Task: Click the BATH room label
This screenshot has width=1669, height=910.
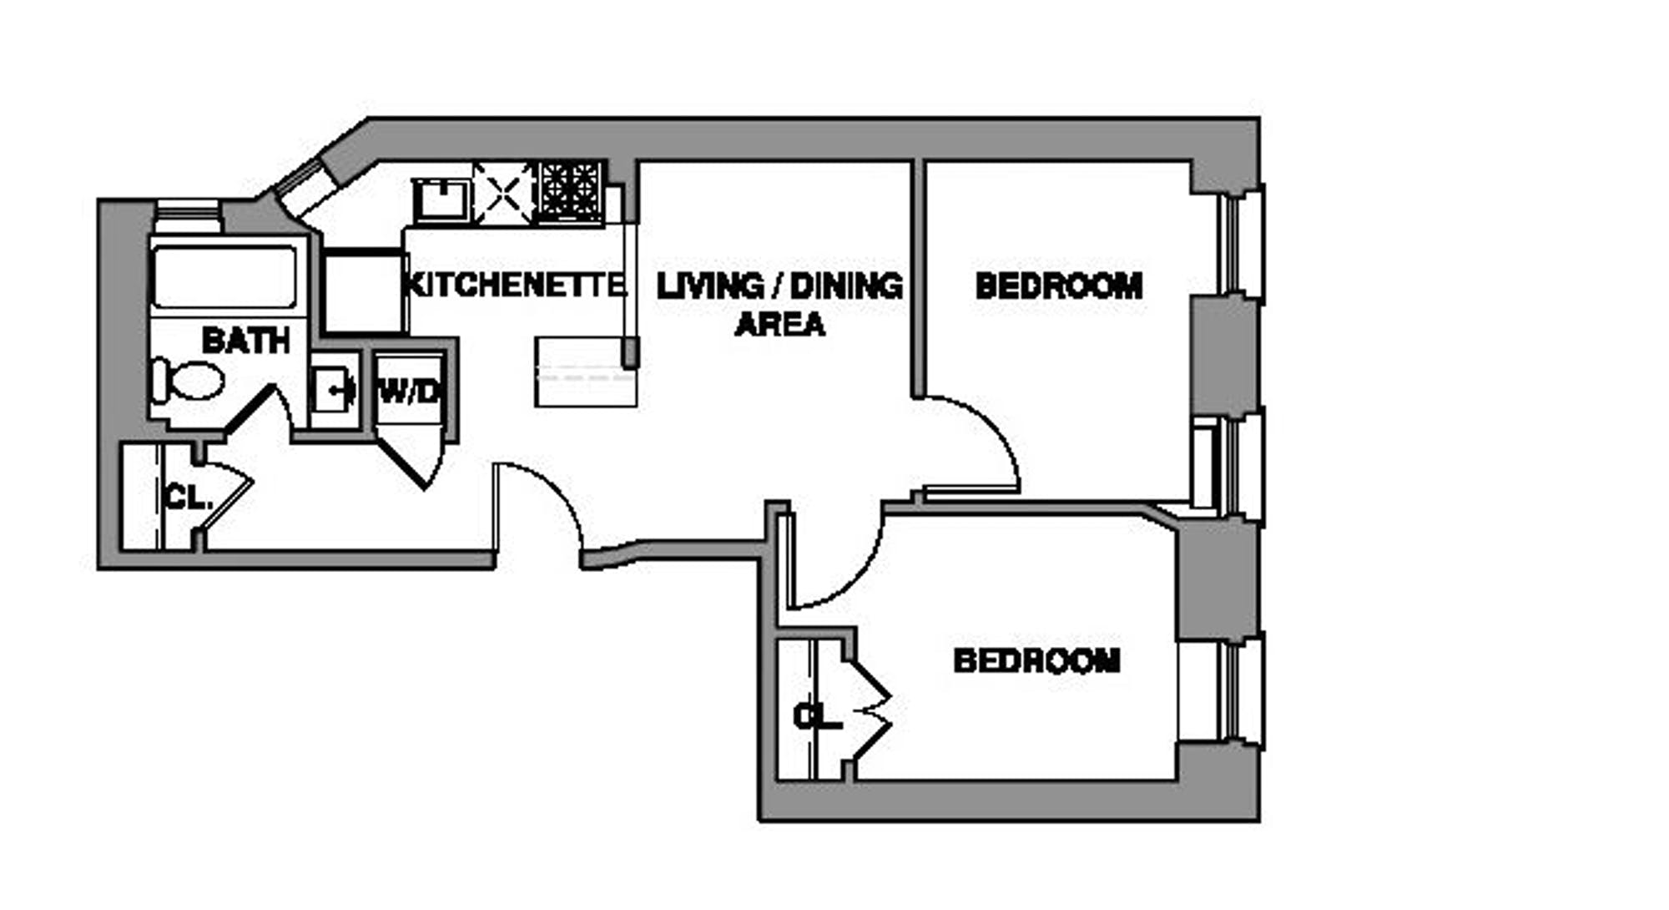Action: click(245, 341)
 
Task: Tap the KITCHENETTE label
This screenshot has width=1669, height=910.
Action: click(514, 285)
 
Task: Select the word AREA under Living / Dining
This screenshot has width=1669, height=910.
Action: click(779, 324)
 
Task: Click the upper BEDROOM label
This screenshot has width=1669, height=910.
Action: click(1058, 286)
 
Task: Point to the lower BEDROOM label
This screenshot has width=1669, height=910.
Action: click(1036, 661)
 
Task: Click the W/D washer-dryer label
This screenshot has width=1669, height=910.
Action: click(408, 391)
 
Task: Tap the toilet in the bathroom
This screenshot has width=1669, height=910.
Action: click(189, 381)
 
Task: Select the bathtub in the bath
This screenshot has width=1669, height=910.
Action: click(224, 276)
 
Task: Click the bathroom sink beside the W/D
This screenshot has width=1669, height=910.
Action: click(335, 390)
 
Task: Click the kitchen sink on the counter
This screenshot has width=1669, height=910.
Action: click(442, 199)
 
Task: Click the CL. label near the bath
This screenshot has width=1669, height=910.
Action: click(189, 498)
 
